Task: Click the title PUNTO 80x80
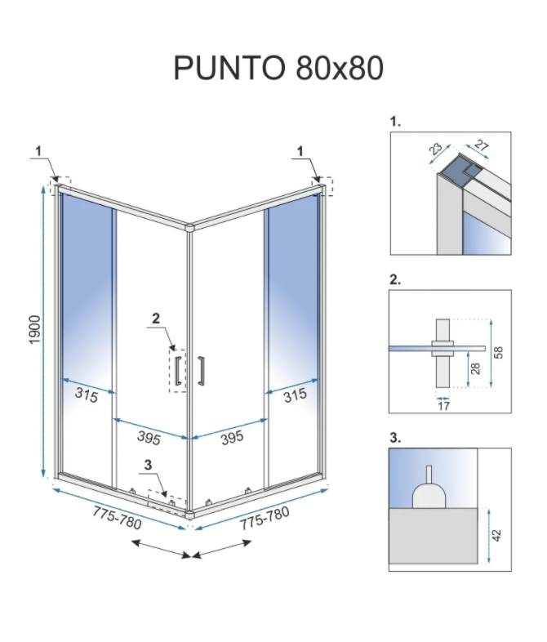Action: pyautogui.click(x=278, y=68)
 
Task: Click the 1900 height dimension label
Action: pyautogui.click(x=36, y=330)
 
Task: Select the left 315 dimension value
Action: pyautogui.click(x=87, y=395)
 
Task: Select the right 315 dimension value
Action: pyautogui.click(x=295, y=395)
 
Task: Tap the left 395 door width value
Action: pyautogui.click(x=149, y=438)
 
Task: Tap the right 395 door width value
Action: pyautogui.click(x=233, y=438)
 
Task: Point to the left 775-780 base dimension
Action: pyautogui.click(x=118, y=518)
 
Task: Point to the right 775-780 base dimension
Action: pyautogui.click(x=265, y=518)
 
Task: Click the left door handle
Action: pyautogui.click(x=178, y=371)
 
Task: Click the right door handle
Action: pyautogui.click(x=201, y=371)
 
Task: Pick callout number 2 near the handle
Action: pyautogui.click(x=156, y=318)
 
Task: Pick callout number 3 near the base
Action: pyautogui.click(x=148, y=465)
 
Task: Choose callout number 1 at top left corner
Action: pyautogui.click(x=38, y=151)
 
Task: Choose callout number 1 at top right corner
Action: pyautogui.click(x=300, y=151)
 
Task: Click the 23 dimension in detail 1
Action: pyautogui.click(x=435, y=149)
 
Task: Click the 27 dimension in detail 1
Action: pyautogui.click(x=481, y=145)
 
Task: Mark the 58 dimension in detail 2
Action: pyautogui.click(x=498, y=353)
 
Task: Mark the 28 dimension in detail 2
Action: pyautogui.click(x=475, y=368)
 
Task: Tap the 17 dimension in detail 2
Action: pyautogui.click(x=443, y=406)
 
